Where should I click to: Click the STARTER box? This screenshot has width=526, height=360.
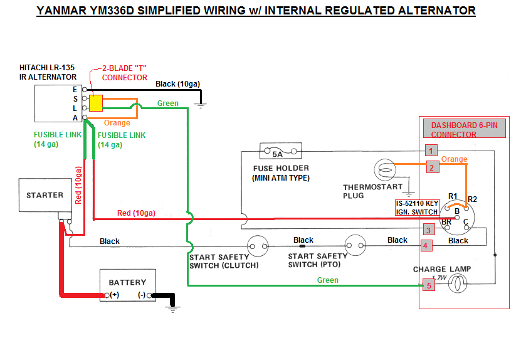45,196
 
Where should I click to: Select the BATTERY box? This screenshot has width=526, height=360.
127,286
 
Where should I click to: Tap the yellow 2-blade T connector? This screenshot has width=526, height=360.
96,103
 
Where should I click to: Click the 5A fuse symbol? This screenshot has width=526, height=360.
276,152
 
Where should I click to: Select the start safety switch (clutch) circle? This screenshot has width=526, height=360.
258,245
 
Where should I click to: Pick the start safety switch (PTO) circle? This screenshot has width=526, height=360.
355,245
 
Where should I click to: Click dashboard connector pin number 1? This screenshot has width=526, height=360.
430,150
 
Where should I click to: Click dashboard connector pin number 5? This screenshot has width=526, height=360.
429,285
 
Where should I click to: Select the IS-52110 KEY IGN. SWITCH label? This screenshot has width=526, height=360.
417,208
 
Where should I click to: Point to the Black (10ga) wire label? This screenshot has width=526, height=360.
175,83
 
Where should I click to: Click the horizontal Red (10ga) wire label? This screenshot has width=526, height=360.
136,213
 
